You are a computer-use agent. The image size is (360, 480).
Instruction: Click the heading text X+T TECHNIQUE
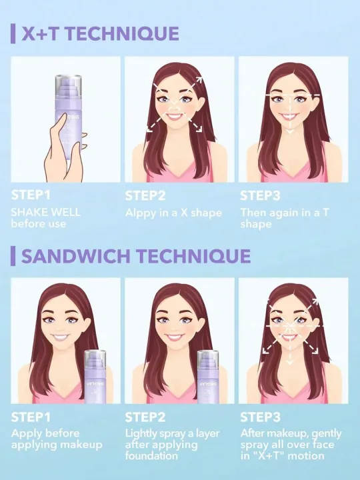(x=100, y=33)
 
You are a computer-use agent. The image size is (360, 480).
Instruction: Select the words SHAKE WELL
(x=45, y=212)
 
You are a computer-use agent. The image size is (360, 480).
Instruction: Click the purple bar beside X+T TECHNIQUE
(x=13, y=33)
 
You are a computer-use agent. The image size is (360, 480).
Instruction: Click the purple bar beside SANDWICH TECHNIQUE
(x=13, y=256)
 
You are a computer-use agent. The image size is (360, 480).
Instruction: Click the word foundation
(x=151, y=456)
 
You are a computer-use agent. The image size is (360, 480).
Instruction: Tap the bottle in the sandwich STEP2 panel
(x=212, y=377)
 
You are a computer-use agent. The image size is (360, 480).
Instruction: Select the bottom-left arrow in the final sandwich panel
(x=267, y=349)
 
